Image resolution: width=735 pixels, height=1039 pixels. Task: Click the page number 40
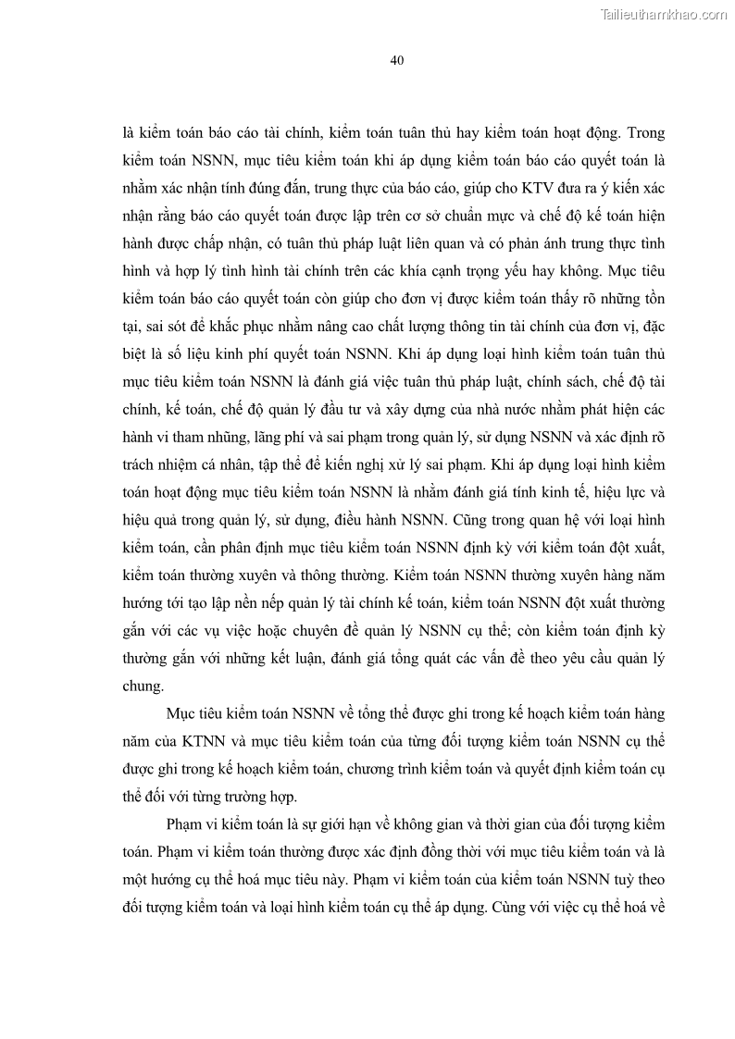point(396,60)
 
